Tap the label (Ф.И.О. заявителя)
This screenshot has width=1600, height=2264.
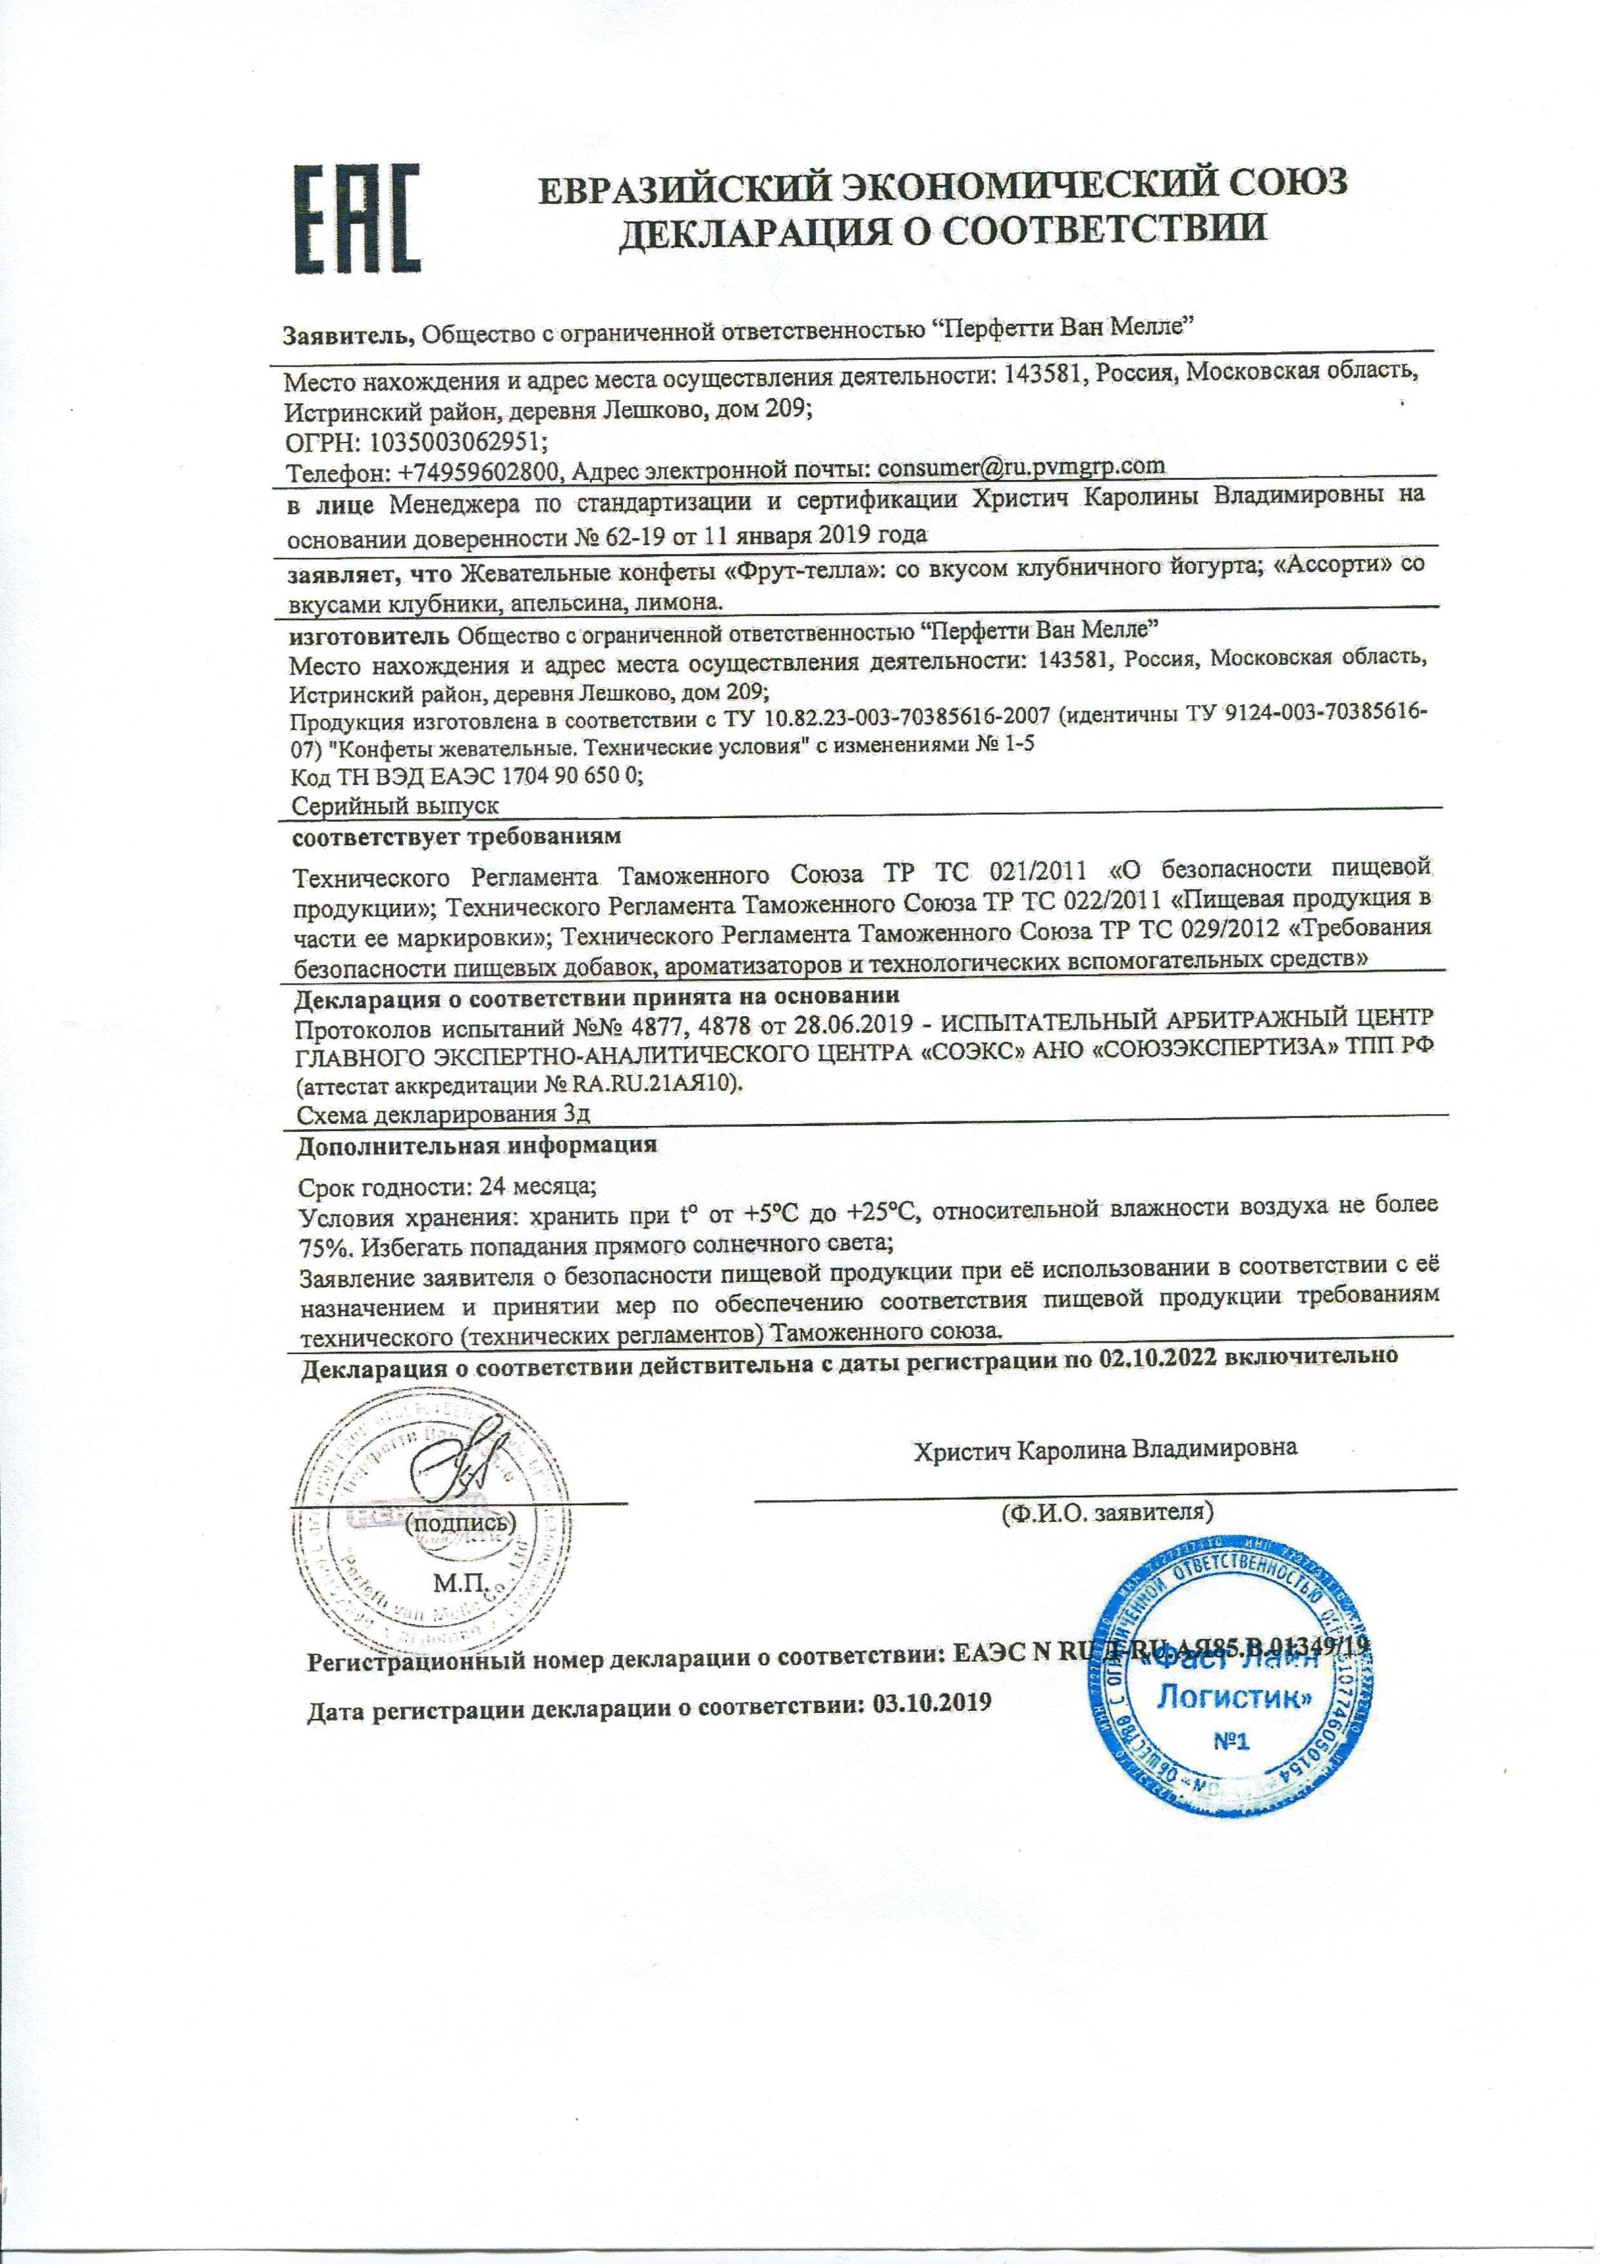click(1105, 1539)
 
